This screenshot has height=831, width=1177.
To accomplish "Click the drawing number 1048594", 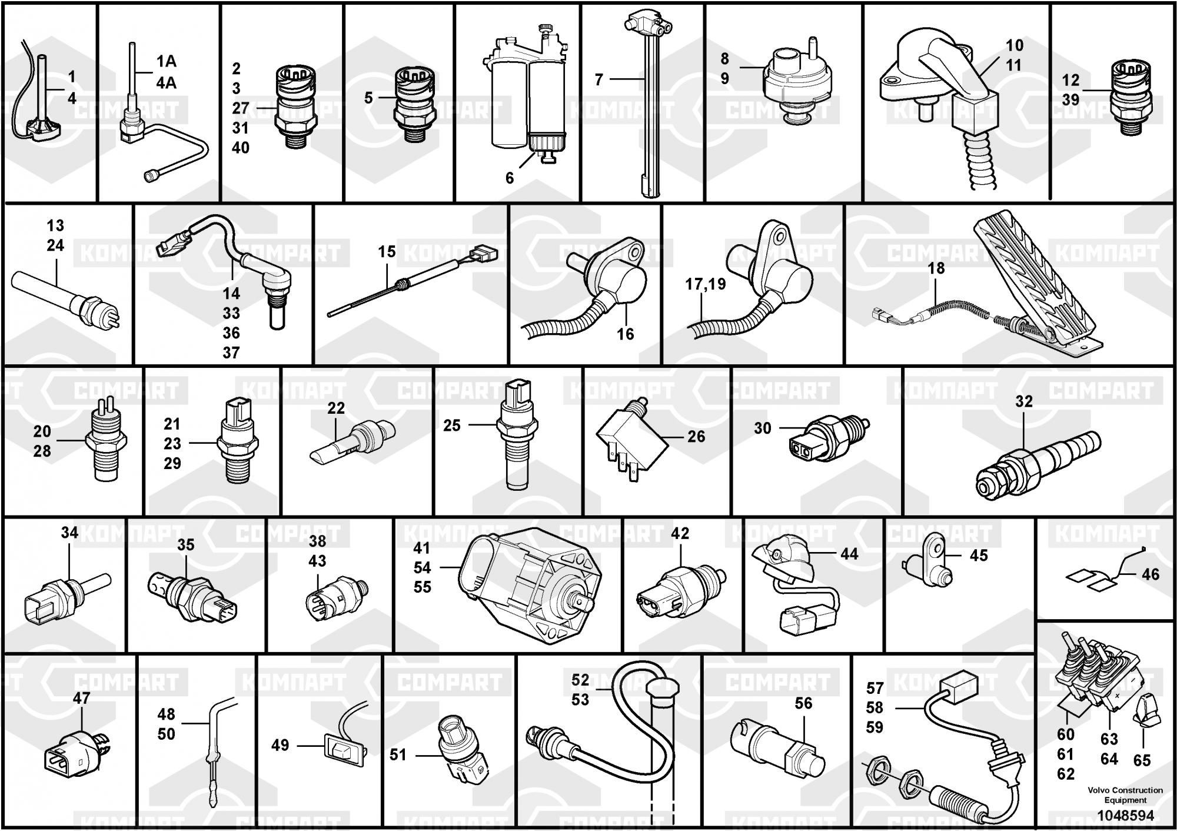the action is pyautogui.click(x=1125, y=816).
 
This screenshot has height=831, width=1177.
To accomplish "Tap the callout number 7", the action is pyautogui.click(x=599, y=79).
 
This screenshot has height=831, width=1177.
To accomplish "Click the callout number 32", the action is pyautogui.click(x=1024, y=401).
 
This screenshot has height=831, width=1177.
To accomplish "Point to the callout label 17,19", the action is pyautogui.click(x=705, y=284).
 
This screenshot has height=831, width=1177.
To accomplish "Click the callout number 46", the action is pyautogui.click(x=1151, y=574).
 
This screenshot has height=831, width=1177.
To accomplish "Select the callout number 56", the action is pyautogui.click(x=803, y=703).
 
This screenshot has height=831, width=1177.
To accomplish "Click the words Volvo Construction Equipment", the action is pyautogui.click(x=1125, y=795).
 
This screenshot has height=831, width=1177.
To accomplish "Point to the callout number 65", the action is pyautogui.click(x=1142, y=760).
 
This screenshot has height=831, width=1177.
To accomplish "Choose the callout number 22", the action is pyautogui.click(x=336, y=408).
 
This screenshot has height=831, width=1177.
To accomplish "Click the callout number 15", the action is pyautogui.click(x=387, y=252).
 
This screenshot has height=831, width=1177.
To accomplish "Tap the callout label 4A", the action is pyautogui.click(x=166, y=83).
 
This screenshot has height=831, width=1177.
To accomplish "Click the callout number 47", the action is pyautogui.click(x=81, y=698).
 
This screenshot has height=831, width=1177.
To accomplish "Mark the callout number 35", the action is pyautogui.click(x=186, y=545).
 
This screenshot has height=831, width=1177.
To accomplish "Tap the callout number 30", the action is pyautogui.click(x=762, y=428).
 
